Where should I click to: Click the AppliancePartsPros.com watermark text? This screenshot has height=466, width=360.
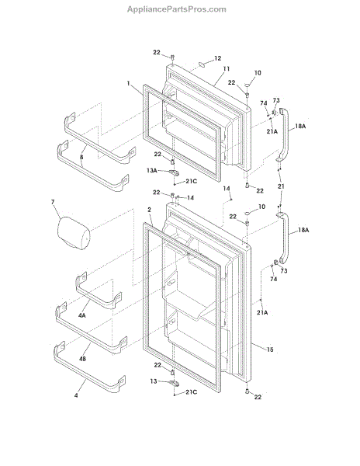click(x=177, y=9)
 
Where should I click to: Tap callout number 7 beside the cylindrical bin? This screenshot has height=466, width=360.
click(x=53, y=202)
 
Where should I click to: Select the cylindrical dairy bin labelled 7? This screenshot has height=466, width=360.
click(x=74, y=233)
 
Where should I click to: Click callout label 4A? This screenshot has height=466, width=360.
click(x=82, y=315)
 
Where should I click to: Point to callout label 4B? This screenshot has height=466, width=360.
click(x=82, y=359)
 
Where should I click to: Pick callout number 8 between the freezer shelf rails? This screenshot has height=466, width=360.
click(x=81, y=157)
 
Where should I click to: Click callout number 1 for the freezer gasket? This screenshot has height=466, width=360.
click(x=128, y=83)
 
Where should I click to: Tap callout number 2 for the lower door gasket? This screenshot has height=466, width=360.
click(x=149, y=210)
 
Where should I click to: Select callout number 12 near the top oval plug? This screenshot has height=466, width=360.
click(x=217, y=58)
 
